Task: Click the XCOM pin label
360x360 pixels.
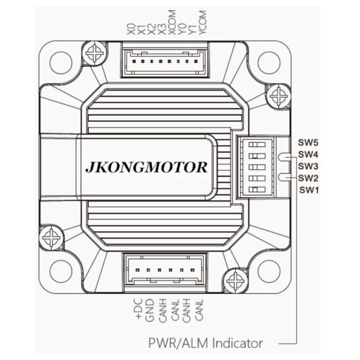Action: coord(173,32)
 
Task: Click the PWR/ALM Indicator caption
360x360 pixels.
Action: coord(205,343)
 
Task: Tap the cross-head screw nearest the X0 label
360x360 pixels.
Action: coord(94,55)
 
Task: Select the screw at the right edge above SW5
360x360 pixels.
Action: coord(279,95)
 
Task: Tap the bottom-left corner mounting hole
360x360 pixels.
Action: coord(61,272)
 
